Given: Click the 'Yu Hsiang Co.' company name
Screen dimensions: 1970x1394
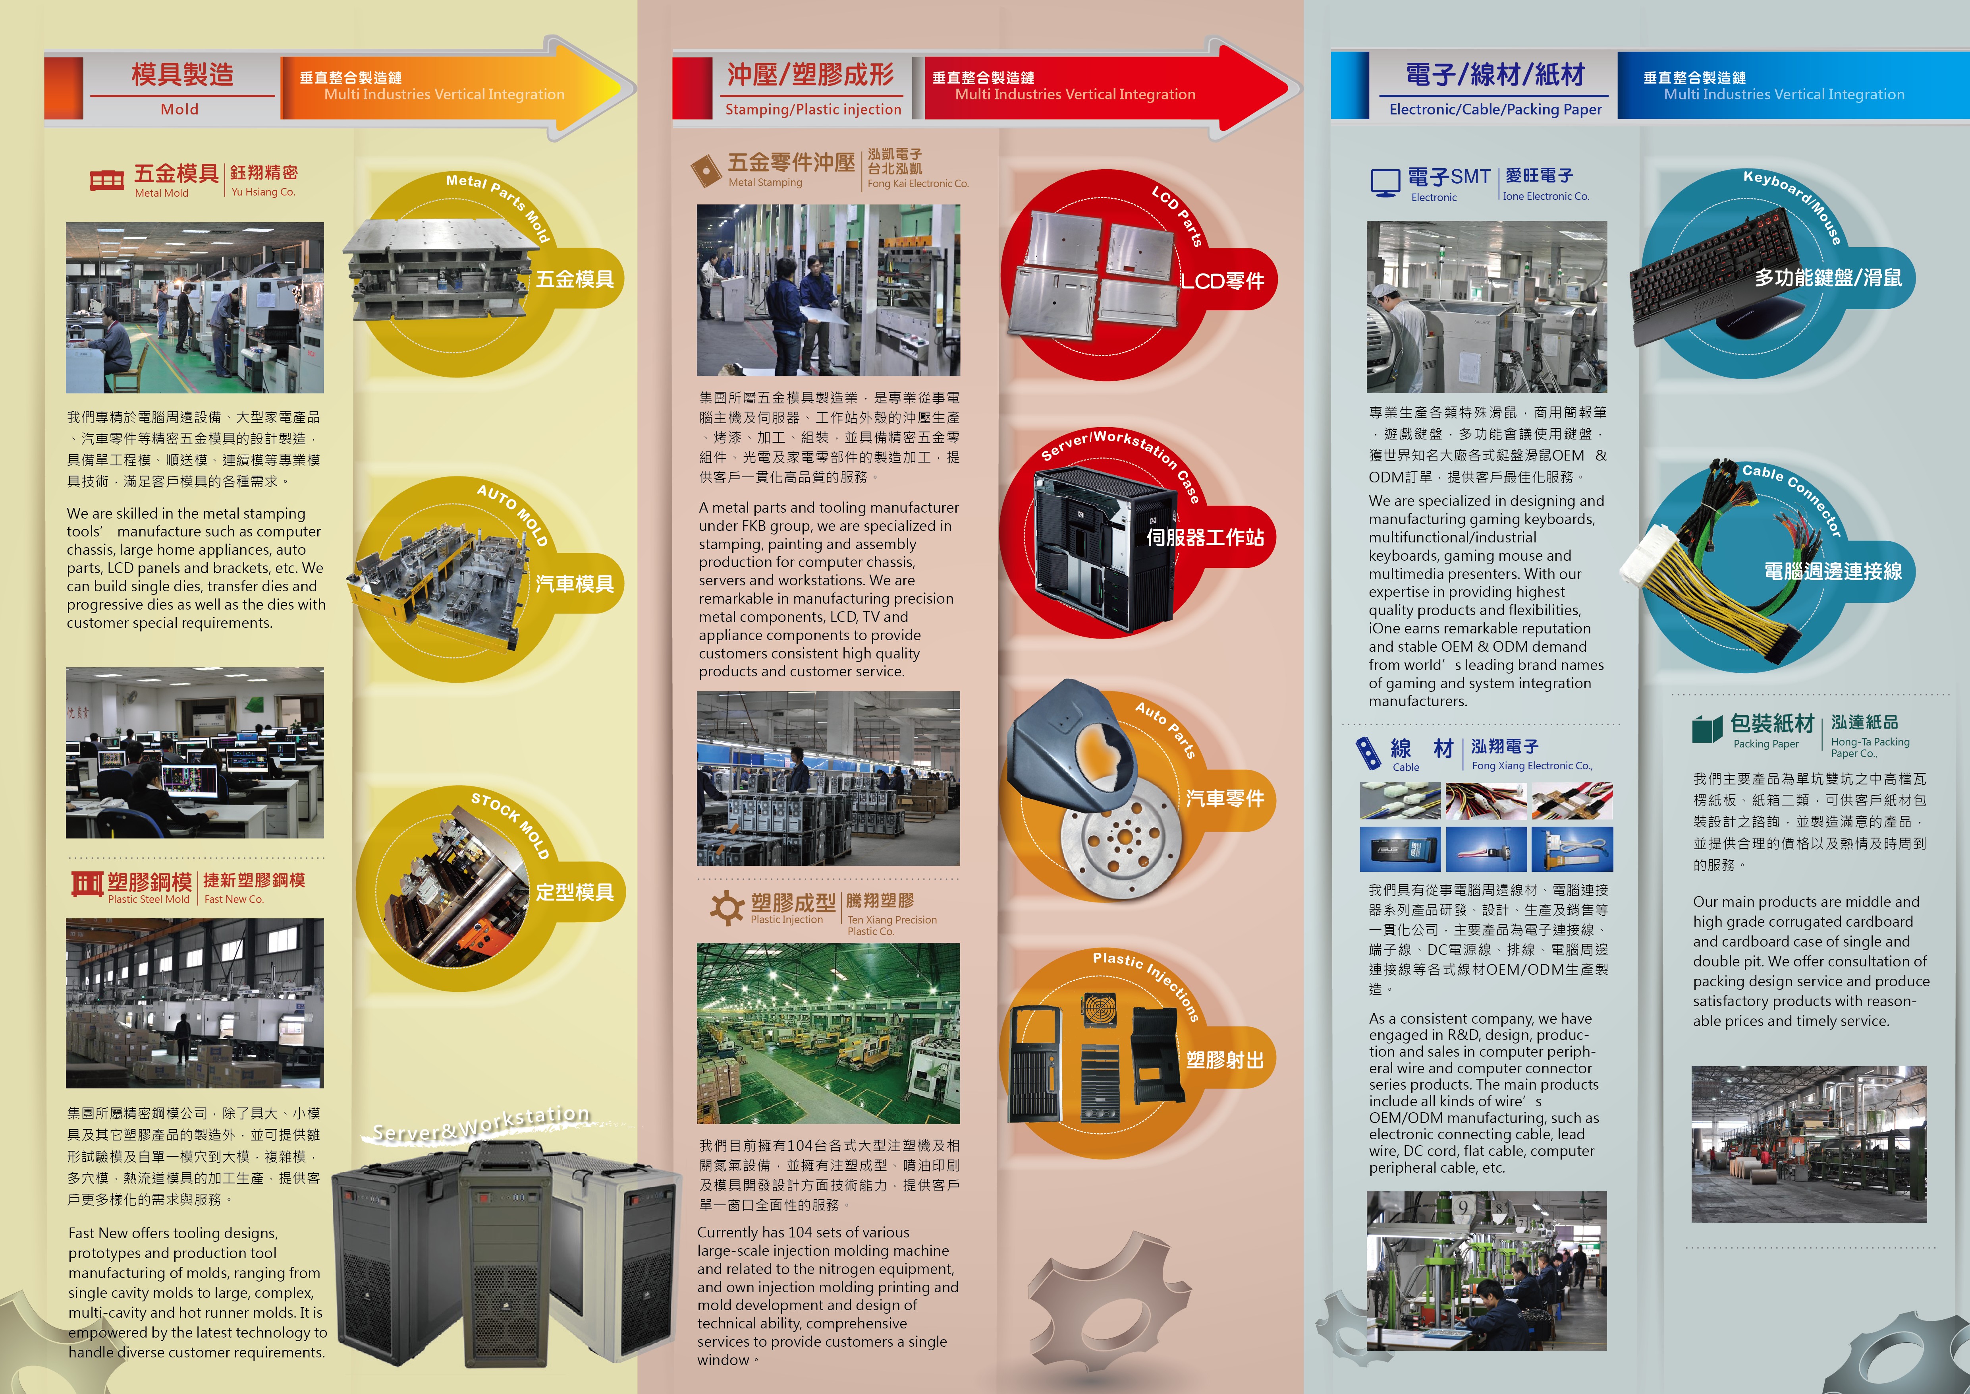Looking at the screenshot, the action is tap(263, 192).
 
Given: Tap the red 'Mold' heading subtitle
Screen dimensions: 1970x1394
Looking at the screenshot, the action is tap(179, 109).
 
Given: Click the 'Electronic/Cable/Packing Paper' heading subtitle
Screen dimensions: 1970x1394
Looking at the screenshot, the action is tap(1495, 109).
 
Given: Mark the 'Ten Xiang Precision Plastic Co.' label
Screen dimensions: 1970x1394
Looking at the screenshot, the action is tap(891, 925).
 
